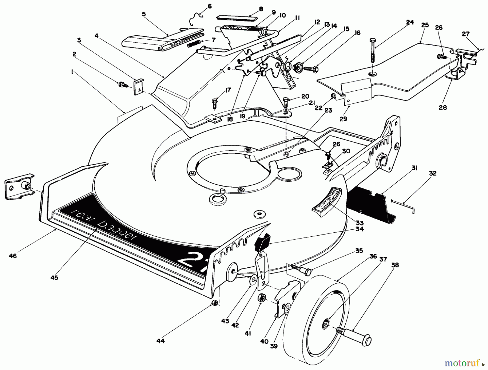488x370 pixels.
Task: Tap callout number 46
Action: coord(13,256)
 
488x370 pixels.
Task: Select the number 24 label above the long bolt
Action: coord(410,22)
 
